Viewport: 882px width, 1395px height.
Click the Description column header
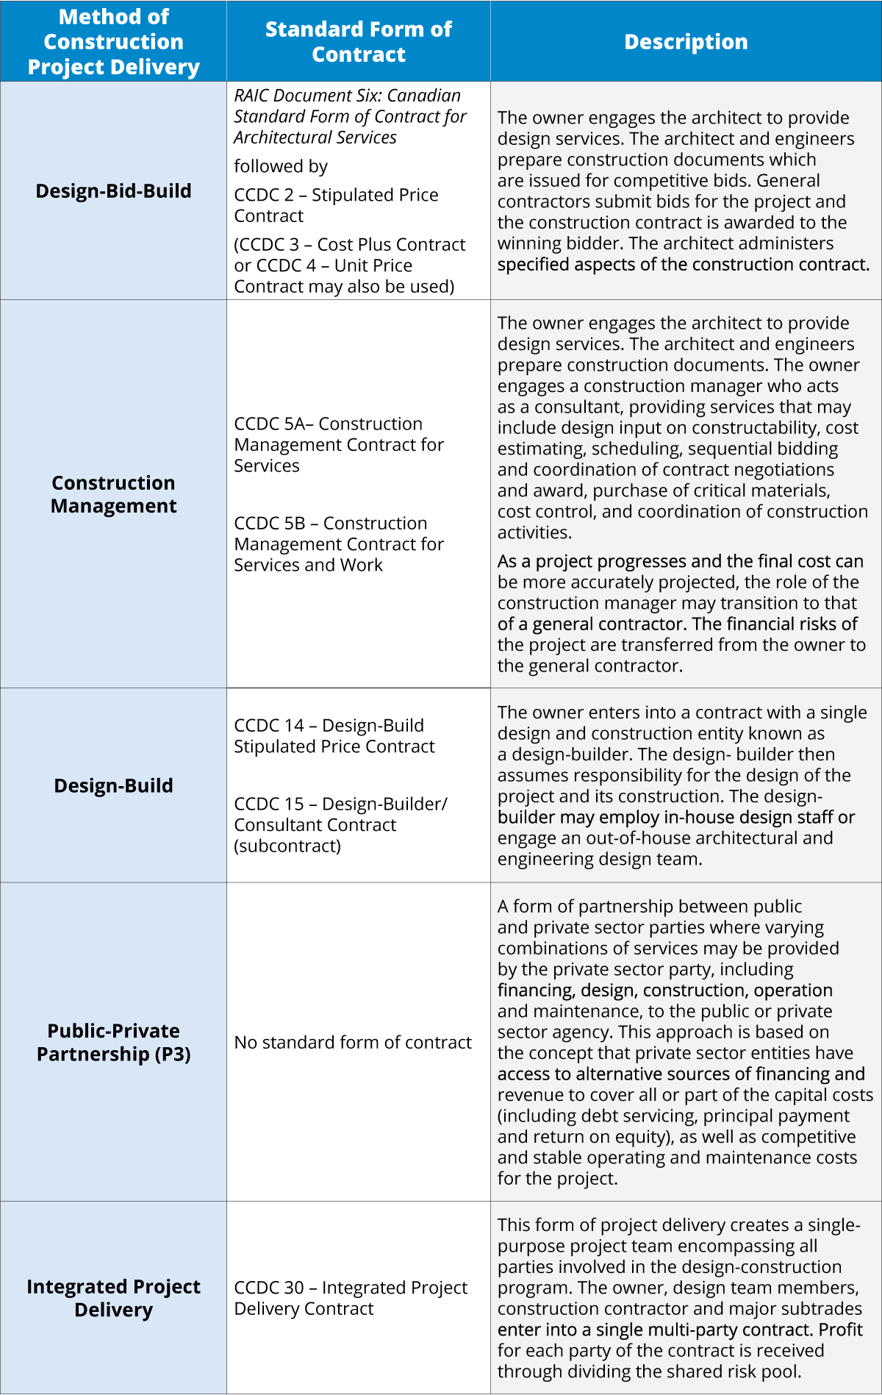pos(686,42)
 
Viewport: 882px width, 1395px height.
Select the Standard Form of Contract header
pos(359,42)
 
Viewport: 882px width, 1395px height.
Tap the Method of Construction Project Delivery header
pos(114,42)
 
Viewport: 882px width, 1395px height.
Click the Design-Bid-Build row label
pos(114,191)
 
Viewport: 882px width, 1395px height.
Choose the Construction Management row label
pos(114,494)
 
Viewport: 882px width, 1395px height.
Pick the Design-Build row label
pos(114,786)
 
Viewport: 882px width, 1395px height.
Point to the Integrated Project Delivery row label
pos(114,1298)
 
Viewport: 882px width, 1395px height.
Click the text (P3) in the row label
pos(173,1055)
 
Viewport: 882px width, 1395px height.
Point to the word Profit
pos(841,1330)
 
